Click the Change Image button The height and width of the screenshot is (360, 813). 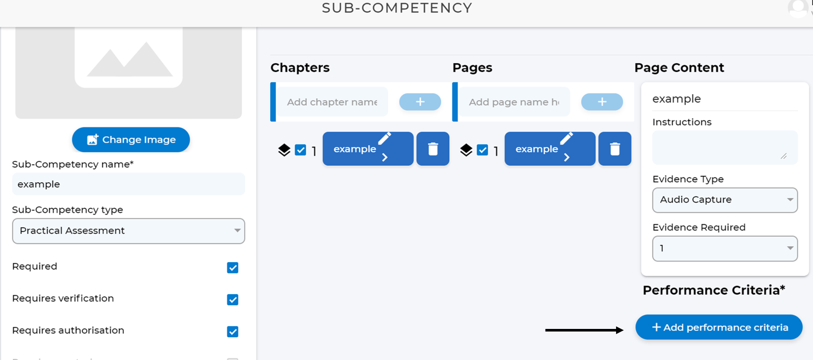pyautogui.click(x=131, y=140)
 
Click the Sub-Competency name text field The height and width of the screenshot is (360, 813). pyautogui.click(x=129, y=184)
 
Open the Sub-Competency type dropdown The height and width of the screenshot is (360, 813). pyautogui.click(x=129, y=231)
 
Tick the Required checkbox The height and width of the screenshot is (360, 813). pyautogui.click(x=233, y=268)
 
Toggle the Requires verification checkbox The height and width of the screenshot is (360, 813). pyautogui.click(x=233, y=300)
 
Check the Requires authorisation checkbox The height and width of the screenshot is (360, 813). pyautogui.click(x=233, y=332)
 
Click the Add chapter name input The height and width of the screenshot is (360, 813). pyautogui.click(x=332, y=102)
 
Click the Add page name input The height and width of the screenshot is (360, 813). pyautogui.click(x=514, y=102)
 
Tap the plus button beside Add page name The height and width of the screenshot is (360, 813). pyautogui.click(x=602, y=102)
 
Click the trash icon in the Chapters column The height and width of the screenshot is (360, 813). pyautogui.click(x=433, y=149)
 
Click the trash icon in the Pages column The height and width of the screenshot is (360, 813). pyautogui.click(x=615, y=149)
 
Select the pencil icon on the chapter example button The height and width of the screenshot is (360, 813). pyautogui.click(x=384, y=138)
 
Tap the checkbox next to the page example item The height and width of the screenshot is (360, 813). pyautogui.click(x=482, y=150)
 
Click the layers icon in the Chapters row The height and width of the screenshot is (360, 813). pyautogui.click(x=284, y=150)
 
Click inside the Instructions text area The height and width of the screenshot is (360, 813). pyautogui.click(x=724, y=148)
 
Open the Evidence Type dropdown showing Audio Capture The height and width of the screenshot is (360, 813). pyautogui.click(x=724, y=200)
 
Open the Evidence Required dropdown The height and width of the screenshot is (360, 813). pyautogui.click(x=724, y=249)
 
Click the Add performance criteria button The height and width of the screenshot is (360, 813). pyautogui.click(x=719, y=327)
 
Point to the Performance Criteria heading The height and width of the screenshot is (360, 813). pyautogui.click(x=714, y=290)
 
